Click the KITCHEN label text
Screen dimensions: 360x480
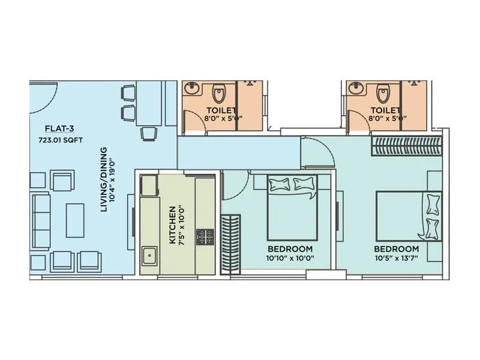[172, 225]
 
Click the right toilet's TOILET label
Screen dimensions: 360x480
[385, 110]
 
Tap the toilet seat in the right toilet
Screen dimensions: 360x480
[382, 94]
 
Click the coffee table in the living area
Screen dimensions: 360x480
[74, 220]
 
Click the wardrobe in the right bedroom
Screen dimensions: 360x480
[407, 146]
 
